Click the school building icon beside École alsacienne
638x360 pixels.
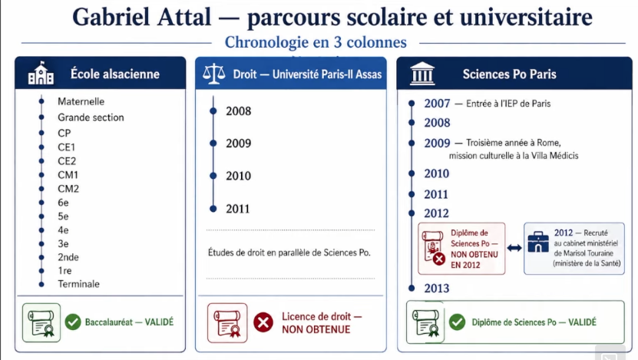(x=41, y=73)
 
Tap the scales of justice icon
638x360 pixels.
(x=213, y=74)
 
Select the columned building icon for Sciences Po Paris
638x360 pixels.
(x=422, y=74)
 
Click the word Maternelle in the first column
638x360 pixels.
(x=81, y=101)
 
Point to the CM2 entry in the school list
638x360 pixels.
(x=68, y=189)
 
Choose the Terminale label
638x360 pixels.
(x=78, y=284)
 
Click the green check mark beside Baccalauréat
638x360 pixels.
(x=73, y=322)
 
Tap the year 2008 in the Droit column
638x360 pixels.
(x=239, y=111)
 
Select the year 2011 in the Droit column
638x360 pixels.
(x=238, y=209)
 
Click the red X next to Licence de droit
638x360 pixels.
(x=263, y=322)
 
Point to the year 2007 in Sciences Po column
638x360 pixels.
(x=437, y=104)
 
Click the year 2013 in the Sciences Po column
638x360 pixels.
(x=437, y=289)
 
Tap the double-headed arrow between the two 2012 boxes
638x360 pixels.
(x=514, y=248)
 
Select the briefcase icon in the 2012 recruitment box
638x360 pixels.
(x=538, y=242)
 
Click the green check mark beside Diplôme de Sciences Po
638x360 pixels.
(x=458, y=322)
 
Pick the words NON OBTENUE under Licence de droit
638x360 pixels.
(x=316, y=329)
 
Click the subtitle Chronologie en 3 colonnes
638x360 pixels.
(x=316, y=42)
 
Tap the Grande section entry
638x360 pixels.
(x=91, y=117)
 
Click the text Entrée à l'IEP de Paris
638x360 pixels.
(x=508, y=104)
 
